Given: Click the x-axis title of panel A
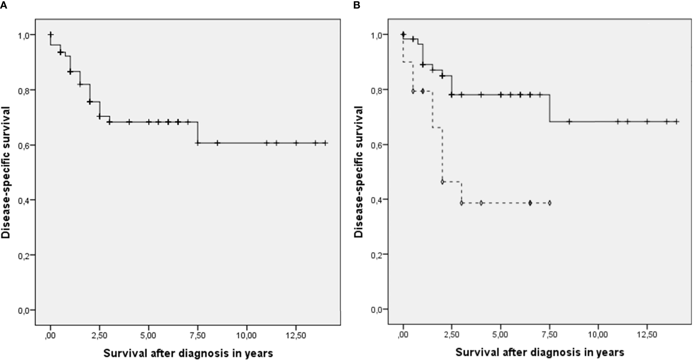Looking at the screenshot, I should tap(188, 353).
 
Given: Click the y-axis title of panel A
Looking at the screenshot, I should tap(6, 172).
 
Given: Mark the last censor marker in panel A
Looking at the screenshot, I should tap(325, 143).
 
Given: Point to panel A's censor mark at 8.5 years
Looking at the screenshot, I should tap(217, 143).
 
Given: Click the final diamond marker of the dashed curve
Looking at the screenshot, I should tap(550, 203).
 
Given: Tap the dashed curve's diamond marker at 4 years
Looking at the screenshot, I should tap(481, 203).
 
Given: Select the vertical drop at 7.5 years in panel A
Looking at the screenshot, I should tap(198, 132).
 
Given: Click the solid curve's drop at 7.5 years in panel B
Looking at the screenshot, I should tap(550, 108).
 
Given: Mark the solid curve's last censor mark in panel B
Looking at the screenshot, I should tap(676, 122).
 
